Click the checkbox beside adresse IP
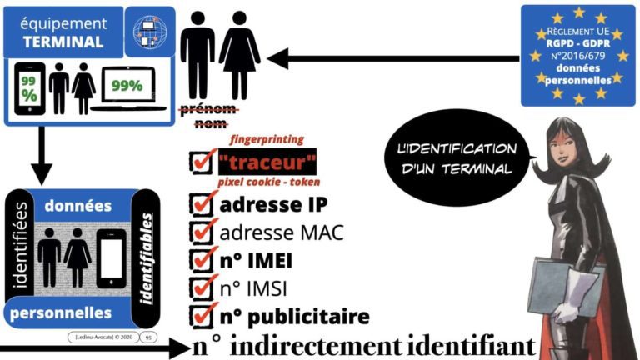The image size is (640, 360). (x=201, y=204)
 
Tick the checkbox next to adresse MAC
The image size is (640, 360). (x=201, y=232)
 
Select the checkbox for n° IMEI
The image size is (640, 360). (x=201, y=261)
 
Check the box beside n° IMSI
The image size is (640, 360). (x=201, y=288)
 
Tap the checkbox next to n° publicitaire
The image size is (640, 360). (x=201, y=317)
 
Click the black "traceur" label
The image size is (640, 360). (x=267, y=161)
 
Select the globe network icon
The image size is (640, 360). (x=154, y=30)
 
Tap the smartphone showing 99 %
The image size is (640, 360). (x=29, y=88)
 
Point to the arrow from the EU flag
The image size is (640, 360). (x=392, y=59)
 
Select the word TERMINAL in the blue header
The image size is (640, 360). (x=52, y=42)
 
